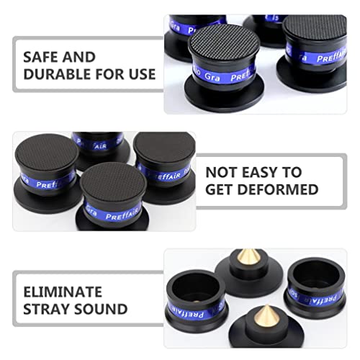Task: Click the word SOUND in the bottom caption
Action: click(x=103, y=310)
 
